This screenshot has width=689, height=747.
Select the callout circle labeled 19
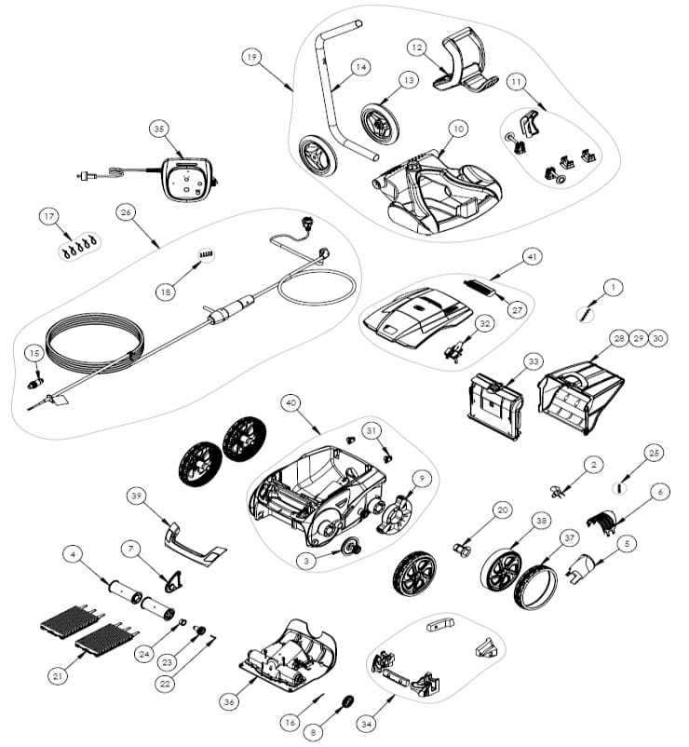coord(250,57)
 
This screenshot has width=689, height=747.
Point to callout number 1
coord(612,288)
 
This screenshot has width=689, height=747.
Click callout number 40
coord(290,402)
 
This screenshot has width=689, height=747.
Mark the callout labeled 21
coord(58,674)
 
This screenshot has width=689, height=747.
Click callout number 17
coord(48,216)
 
